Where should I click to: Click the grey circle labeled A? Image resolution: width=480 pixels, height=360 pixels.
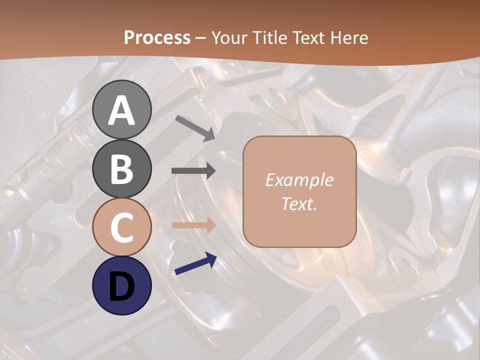[x=122, y=109]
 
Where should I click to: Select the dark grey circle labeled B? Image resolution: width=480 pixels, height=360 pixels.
[x=122, y=168]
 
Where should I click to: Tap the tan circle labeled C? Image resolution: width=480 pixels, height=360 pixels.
[x=122, y=227]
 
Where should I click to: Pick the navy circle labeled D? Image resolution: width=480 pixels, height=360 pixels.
[x=122, y=286]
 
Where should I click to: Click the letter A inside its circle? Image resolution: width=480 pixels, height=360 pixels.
[x=122, y=110]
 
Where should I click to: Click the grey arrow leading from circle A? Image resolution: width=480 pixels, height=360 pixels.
[x=195, y=127]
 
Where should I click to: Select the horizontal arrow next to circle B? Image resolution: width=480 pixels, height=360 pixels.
[x=193, y=171]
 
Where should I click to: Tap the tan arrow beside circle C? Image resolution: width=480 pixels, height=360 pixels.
[x=193, y=225]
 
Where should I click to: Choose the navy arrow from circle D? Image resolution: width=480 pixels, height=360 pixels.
[x=195, y=264]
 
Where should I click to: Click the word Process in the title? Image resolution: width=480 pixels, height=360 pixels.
[x=157, y=37]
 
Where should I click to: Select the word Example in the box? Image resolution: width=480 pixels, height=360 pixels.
[x=299, y=180]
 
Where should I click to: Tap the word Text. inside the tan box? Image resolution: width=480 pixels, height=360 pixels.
[x=299, y=203]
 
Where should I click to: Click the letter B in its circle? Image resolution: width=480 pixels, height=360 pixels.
[x=122, y=169]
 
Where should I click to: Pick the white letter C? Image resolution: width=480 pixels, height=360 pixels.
[x=122, y=227]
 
